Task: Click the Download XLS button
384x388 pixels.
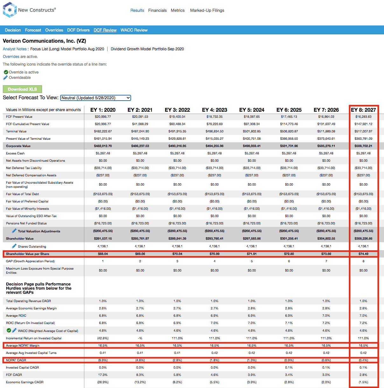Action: tap(22, 89)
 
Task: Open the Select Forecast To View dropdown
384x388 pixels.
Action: tap(95, 98)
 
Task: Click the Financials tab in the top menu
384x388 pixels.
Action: tap(157, 10)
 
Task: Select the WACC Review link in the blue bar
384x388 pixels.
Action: tap(134, 30)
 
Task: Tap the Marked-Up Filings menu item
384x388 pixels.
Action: tap(207, 10)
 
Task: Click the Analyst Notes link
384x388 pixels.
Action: tap(15, 49)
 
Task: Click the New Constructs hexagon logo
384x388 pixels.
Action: tap(10, 10)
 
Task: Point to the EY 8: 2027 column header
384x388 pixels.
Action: tap(363, 110)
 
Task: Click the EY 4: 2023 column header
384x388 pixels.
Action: tap(214, 110)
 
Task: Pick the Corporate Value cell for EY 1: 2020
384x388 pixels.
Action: tap(103, 146)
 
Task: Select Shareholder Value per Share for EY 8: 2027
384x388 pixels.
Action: tap(363, 254)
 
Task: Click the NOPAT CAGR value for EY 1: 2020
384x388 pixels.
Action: tap(103, 360)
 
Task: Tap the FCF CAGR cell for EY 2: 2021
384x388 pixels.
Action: tap(140, 375)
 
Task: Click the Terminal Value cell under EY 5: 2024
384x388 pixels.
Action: tap(252, 131)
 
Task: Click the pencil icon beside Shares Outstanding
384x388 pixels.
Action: tap(14, 246)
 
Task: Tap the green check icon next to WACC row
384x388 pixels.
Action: tap(9, 330)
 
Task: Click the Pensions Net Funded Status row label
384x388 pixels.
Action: tap(26, 223)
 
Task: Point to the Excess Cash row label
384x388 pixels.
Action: tap(15, 153)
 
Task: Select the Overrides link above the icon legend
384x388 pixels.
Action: tap(11, 57)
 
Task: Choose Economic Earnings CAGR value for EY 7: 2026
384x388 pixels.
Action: tap(326, 382)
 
